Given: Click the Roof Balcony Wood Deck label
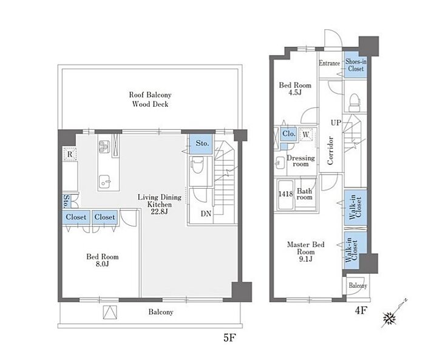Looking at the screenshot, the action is [x=150, y=100].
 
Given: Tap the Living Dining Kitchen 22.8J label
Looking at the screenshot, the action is [x=160, y=204].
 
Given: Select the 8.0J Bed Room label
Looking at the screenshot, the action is [x=103, y=260].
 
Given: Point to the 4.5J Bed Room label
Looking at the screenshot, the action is [x=295, y=89].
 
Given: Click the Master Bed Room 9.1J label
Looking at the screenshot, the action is [x=306, y=251].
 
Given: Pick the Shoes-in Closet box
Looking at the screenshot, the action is [x=356, y=65].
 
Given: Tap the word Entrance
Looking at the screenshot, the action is [x=329, y=63].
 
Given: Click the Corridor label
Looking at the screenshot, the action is [x=330, y=151].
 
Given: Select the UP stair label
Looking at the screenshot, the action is [x=336, y=123].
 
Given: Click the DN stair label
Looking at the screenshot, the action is [x=206, y=214].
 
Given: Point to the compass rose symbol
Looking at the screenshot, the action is [x=390, y=318].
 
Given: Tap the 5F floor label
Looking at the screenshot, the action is [x=229, y=338].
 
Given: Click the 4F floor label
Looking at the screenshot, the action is [x=361, y=310].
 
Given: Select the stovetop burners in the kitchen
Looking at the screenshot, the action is [x=104, y=146].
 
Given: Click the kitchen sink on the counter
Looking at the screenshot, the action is [x=105, y=182].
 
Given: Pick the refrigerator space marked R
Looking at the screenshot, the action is [x=70, y=154].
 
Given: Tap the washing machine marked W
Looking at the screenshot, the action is [x=306, y=134].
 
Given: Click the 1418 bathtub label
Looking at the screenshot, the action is [x=285, y=194].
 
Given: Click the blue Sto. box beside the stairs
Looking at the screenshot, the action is [x=201, y=144].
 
